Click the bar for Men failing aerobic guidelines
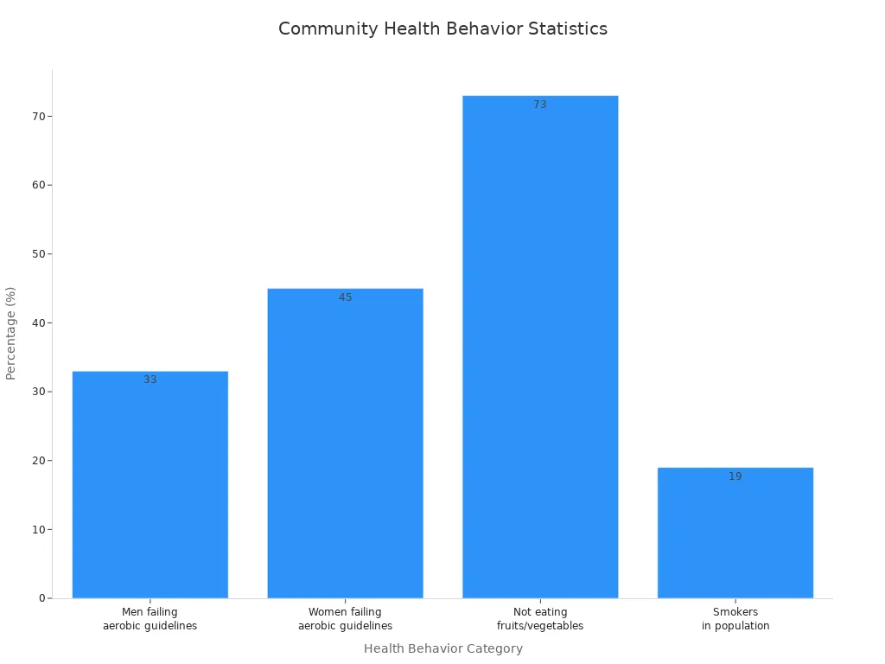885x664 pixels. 150,484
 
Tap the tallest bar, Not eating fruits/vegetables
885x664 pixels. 540,346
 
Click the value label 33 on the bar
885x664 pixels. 150,380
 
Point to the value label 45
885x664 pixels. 345,297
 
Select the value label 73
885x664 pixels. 540,105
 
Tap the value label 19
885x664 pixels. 735,476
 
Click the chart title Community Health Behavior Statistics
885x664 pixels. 442,29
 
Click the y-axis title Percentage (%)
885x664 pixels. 11,333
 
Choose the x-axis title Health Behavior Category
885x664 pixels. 442,648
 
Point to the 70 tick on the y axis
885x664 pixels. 38,116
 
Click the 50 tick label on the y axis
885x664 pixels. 38,254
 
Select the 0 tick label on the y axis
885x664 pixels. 41,598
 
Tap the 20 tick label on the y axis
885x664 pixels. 38,461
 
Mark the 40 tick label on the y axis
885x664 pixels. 38,322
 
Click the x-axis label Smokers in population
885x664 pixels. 735,619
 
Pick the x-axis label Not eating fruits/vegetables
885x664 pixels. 540,619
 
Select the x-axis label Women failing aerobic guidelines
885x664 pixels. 345,619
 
